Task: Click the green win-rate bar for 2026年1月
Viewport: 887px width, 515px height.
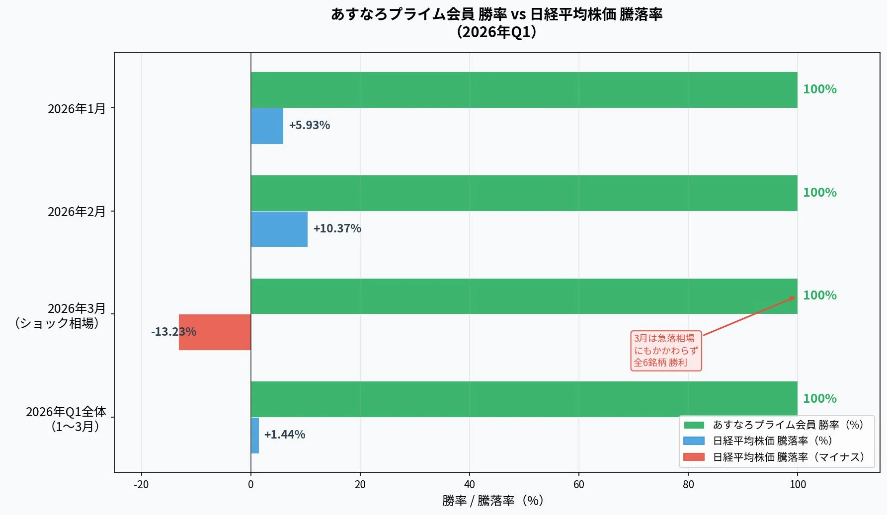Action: [x=524, y=90]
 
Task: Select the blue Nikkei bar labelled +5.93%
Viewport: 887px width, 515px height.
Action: [x=267, y=126]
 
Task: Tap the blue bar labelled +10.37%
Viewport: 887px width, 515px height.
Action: [x=279, y=229]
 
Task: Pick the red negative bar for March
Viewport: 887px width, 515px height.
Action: [x=215, y=332]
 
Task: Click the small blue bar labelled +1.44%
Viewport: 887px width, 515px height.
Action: [x=255, y=436]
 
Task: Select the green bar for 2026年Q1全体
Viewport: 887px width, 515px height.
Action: [x=524, y=399]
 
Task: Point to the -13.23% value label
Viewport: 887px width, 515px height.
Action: [x=173, y=332]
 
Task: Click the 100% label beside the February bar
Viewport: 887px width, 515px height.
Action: [x=819, y=193]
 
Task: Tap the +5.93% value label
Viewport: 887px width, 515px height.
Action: [x=309, y=125]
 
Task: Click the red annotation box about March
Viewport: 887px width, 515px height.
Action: [x=666, y=351]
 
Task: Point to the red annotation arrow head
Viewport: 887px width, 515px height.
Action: [x=793, y=297]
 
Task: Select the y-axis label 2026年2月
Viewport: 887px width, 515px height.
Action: [x=77, y=212]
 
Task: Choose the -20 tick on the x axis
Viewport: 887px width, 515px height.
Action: [x=141, y=485]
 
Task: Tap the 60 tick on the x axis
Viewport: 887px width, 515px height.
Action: [x=578, y=485]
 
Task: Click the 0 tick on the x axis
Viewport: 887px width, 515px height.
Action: [x=250, y=485]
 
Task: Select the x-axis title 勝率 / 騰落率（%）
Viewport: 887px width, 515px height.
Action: [x=493, y=501]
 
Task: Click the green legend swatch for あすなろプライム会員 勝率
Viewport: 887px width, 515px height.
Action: [x=694, y=425]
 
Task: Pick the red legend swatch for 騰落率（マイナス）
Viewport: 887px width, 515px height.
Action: [x=694, y=457]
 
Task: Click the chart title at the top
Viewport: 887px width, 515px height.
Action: [x=496, y=23]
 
